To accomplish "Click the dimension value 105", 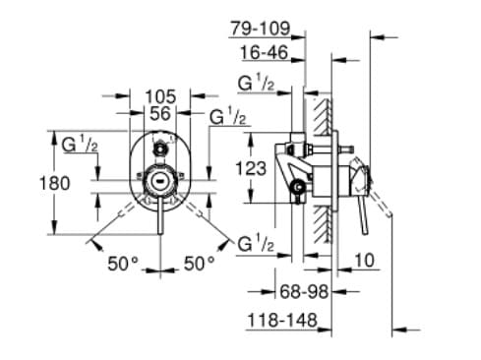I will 159,95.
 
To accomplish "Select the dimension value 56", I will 160,113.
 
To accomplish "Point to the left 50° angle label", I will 123,263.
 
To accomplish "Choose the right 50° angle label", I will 200,263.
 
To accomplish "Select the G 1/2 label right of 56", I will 227,116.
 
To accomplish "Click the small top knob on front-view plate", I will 158,150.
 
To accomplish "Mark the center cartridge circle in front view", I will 159,182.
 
